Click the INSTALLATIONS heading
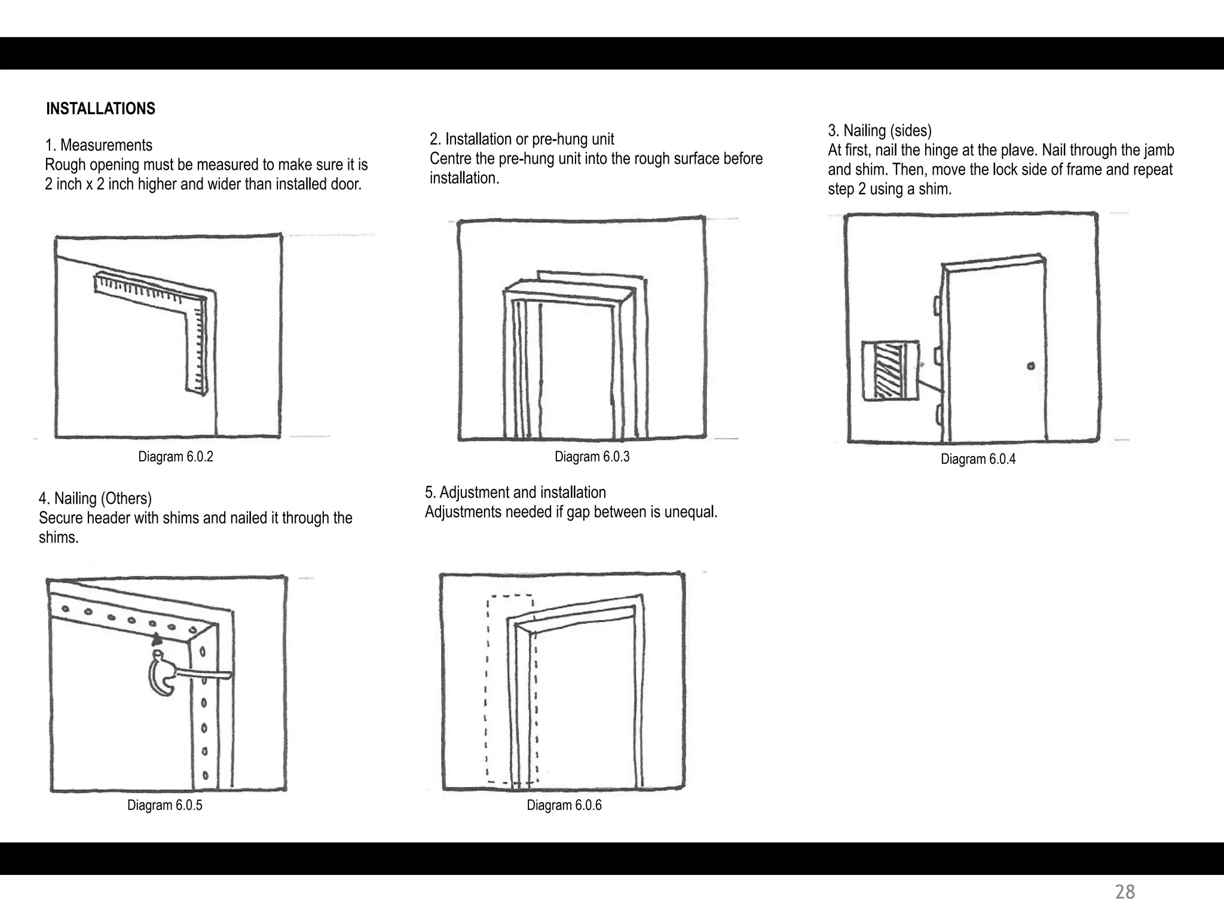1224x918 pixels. [x=100, y=109]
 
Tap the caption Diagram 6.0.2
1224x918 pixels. [x=175, y=457]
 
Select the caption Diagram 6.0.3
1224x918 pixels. [x=592, y=457]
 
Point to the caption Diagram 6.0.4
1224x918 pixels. [x=978, y=459]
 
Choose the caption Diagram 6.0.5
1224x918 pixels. [x=164, y=805]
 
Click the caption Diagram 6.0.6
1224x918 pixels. [x=564, y=805]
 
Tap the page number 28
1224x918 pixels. [x=1125, y=892]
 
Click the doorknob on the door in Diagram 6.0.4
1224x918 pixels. [x=1031, y=366]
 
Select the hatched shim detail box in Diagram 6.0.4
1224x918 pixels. [x=890, y=371]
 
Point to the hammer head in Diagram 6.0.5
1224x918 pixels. [x=160, y=675]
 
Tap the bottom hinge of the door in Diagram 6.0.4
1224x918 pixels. [x=938, y=414]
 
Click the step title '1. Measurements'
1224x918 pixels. [x=99, y=145]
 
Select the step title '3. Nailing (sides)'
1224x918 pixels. [x=879, y=130]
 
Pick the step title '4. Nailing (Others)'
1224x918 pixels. [x=95, y=498]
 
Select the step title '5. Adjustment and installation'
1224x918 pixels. [x=515, y=492]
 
